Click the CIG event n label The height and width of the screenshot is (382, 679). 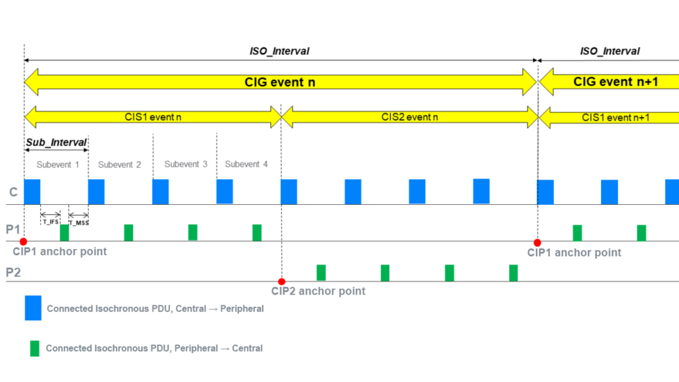(280, 82)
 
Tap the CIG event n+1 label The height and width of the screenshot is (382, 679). (616, 82)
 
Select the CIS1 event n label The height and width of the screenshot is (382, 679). (153, 117)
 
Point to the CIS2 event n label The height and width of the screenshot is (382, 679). (409, 117)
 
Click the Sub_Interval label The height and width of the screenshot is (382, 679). (56, 142)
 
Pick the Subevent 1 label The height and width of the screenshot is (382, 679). (58, 164)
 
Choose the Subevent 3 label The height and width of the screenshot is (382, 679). (186, 164)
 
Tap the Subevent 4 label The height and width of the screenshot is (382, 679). (246, 164)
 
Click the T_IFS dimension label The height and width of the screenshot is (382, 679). (51, 222)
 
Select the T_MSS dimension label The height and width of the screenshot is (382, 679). (79, 222)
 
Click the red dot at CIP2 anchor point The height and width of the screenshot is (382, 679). (282, 282)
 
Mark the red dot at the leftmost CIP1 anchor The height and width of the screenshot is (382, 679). (23, 242)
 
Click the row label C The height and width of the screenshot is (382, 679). (13, 193)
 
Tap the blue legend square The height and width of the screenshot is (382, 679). (33, 307)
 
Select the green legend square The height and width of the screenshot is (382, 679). (34, 348)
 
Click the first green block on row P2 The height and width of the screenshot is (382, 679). (321, 273)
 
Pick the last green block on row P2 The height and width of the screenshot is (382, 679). (513, 273)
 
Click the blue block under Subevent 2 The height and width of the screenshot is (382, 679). (96, 191)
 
